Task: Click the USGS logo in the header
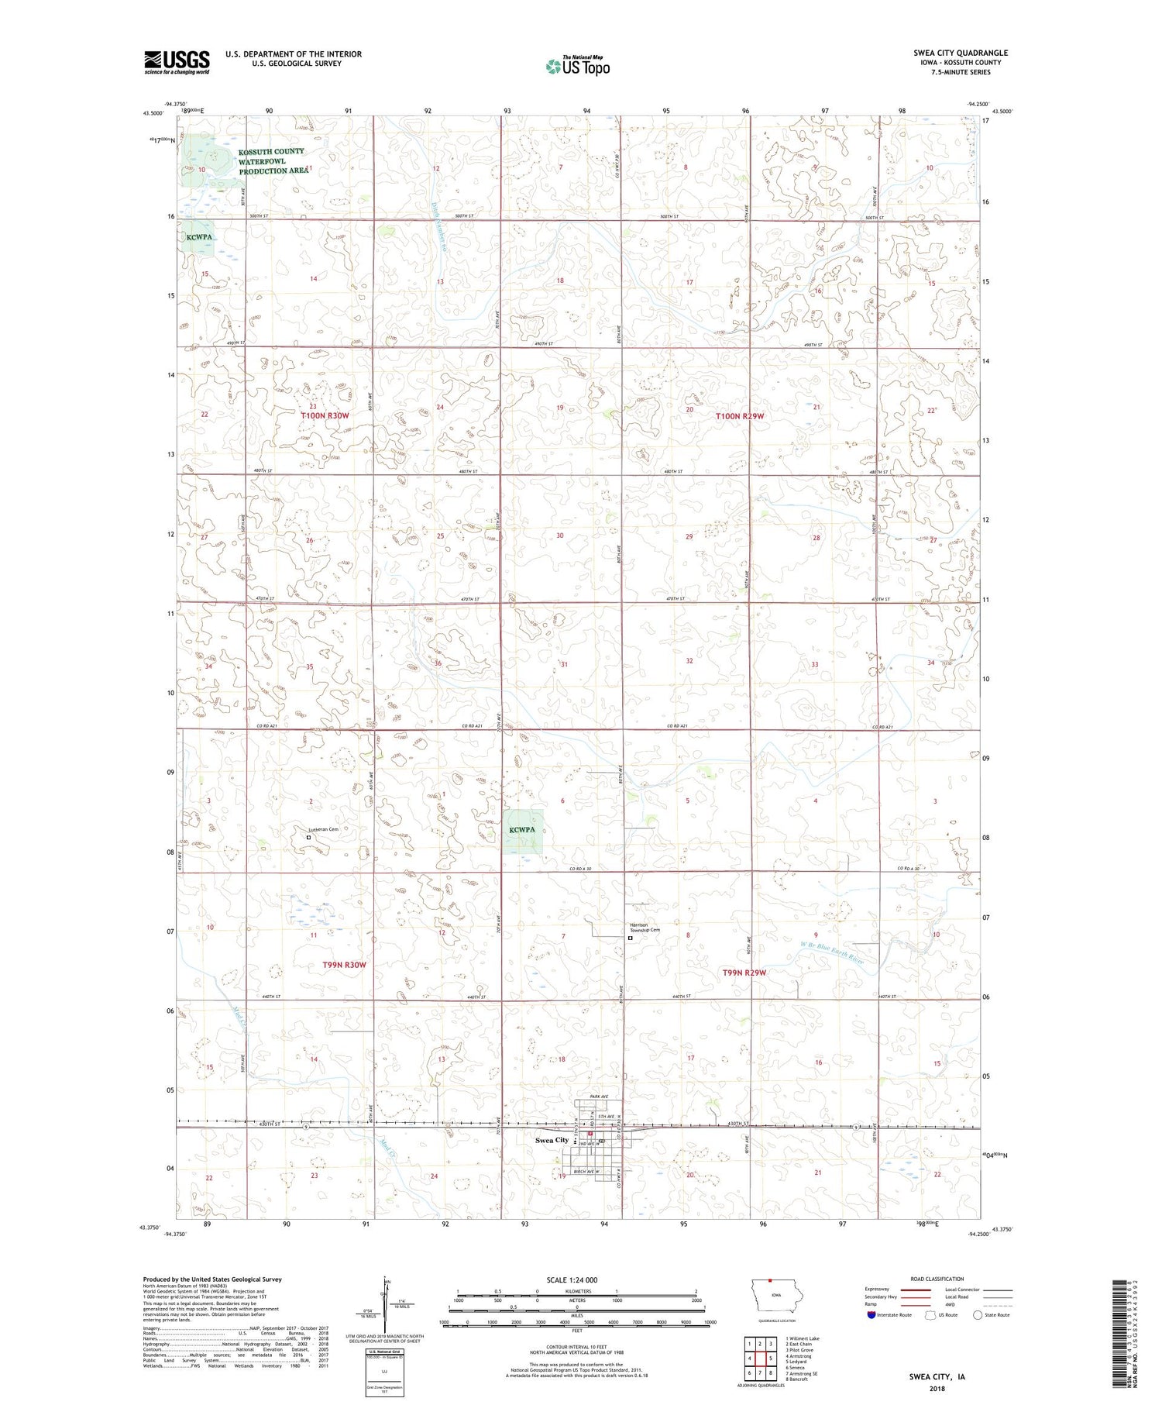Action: (x=177, y=62)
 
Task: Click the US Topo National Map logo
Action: (x=578, y=67)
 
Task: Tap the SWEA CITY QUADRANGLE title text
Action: (x=960, y=53)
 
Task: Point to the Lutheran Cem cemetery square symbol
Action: (x=308, y=837)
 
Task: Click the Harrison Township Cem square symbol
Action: (x=630, y=938)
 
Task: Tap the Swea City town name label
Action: (x=552, y=1140)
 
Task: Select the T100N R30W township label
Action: (x=325, y=416)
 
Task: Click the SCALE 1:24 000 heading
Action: (x=572, y=1279)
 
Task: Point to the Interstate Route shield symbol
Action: (x=871, y=1315)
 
